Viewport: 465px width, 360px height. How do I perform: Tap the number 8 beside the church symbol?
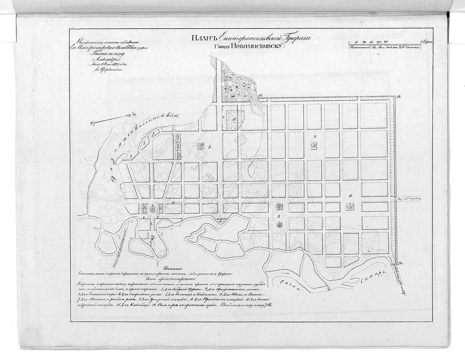point(209,146)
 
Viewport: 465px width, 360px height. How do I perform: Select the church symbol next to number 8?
point(201,146)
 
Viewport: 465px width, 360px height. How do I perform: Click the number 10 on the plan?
point(351,196)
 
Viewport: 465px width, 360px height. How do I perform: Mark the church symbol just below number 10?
point(350,206)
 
